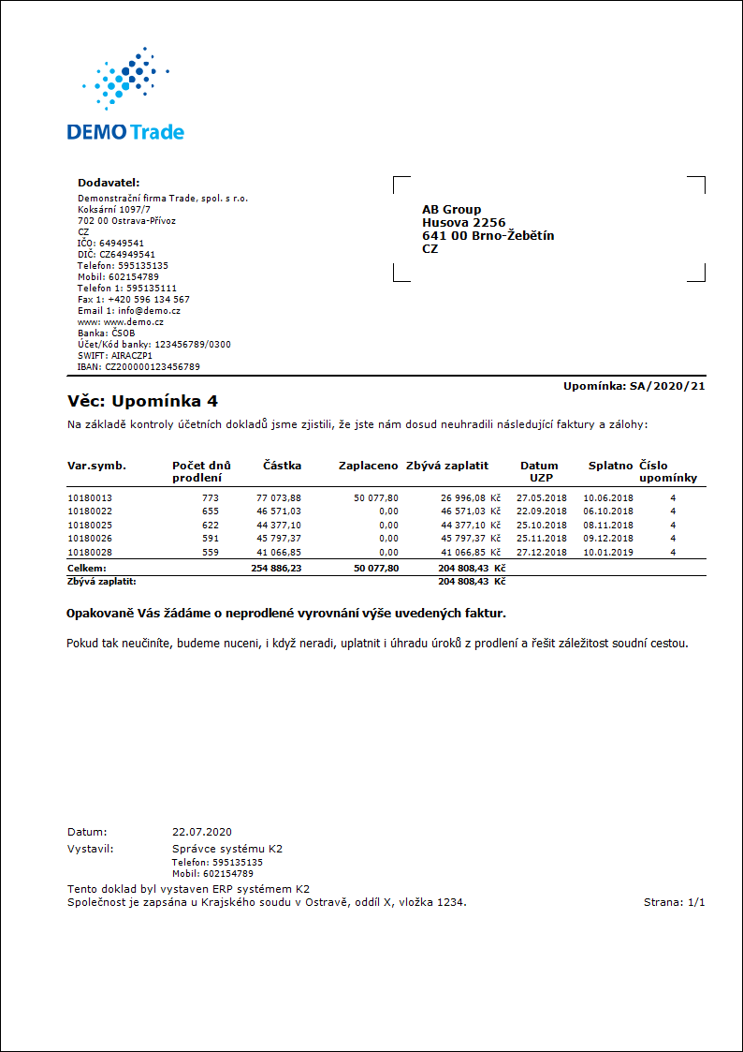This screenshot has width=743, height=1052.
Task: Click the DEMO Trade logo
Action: pos(125,94)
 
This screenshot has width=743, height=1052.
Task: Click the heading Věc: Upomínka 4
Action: pos(142,402)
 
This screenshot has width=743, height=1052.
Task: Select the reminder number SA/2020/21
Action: pos(668,385)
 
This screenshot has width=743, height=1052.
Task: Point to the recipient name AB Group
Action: pos(451,210)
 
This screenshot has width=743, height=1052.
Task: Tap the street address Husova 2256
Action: pos(463,223)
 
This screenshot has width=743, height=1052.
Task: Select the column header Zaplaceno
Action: pos(369,466)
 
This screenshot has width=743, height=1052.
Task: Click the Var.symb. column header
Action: pos(96,466)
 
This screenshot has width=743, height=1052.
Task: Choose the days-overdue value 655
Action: pos(210,511)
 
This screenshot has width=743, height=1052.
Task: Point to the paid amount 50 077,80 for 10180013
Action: pos(376,498)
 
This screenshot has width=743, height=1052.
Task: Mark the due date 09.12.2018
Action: pos(608,538)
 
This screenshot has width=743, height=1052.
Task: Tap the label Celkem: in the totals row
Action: pos(87,569)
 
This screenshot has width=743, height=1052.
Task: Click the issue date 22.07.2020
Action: pos(202,832)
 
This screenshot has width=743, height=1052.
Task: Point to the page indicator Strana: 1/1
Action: pos(674,902)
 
